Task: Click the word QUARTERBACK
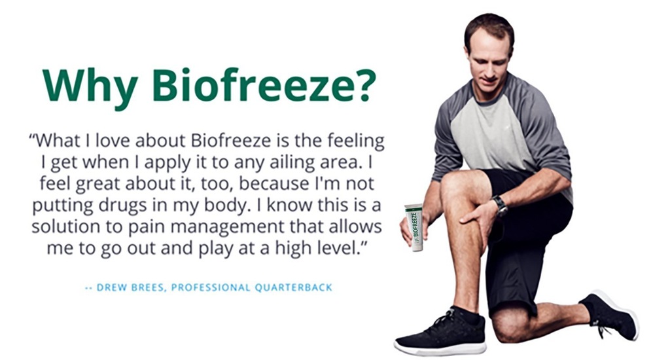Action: pyautogui.click(x=294, y=287)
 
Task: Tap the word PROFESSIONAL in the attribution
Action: pyautogui.click(x=210, y=287)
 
